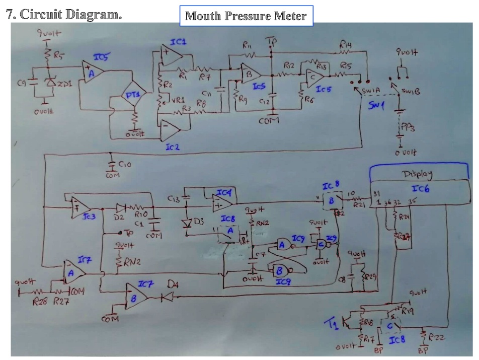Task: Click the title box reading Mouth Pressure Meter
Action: [246, 16]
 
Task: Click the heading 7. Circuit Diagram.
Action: [64, 14]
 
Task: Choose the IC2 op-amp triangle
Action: [169, 131]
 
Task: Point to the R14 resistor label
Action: [346, 45]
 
